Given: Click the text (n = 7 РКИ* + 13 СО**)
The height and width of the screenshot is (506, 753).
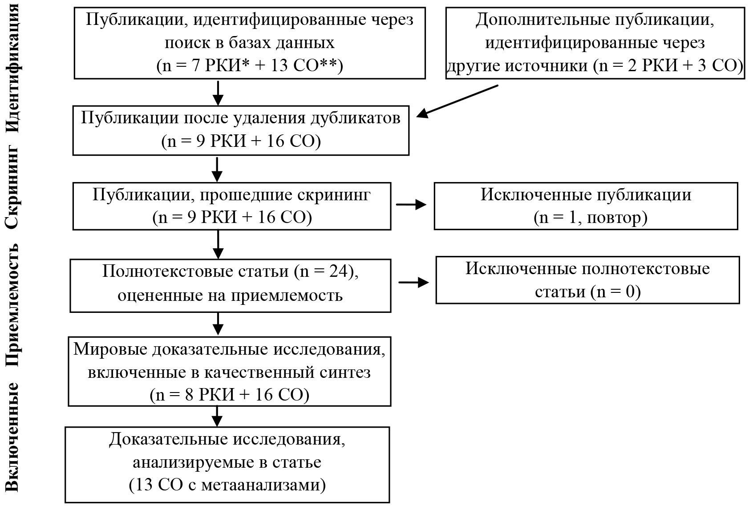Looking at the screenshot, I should click(250, 65).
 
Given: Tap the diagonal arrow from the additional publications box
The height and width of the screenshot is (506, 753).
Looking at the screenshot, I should click(457, 101).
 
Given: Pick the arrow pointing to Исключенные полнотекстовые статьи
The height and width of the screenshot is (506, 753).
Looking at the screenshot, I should click(413, 282).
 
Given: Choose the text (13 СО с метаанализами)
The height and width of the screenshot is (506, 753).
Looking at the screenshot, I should click(227, 485).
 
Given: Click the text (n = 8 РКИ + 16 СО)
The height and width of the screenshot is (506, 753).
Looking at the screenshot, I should click(230, 395).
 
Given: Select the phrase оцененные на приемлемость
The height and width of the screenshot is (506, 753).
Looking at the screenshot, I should click(230, 295).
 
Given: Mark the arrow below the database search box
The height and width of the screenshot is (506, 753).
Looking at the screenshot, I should click(218, 93).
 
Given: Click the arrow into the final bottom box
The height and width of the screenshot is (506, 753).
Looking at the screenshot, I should click(217, 417).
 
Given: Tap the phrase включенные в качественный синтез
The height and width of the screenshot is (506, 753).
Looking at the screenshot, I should click(229, 372).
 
